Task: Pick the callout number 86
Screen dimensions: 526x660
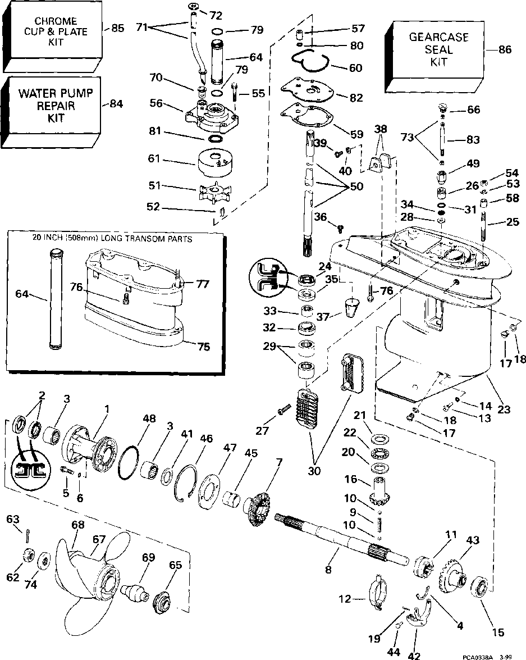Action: (x=505, y=49)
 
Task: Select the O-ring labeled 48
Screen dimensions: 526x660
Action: (x=129, y=462)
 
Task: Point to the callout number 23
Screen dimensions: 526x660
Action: (x=504, y=409)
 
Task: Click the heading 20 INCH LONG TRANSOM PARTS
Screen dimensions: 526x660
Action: (x=112, y=239)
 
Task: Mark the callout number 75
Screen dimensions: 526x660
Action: (x=204, y=347)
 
